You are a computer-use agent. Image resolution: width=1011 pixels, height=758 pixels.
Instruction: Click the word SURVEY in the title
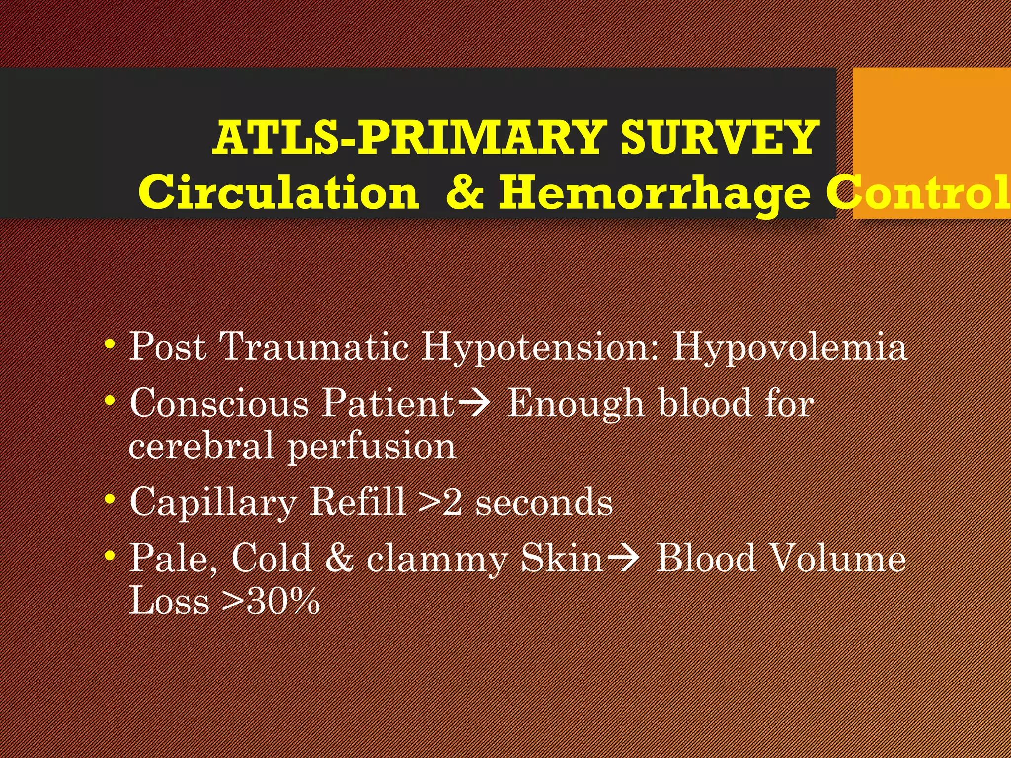point(718,138)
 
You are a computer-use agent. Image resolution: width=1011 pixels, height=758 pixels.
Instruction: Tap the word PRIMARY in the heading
point(481,138)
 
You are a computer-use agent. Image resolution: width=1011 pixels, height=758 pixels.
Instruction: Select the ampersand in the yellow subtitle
point(465,192)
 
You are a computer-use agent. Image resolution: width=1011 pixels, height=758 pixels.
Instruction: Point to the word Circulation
point(278,192)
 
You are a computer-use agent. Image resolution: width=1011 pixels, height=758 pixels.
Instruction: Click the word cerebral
point(201,446)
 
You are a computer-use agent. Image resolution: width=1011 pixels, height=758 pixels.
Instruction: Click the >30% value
point(271,601)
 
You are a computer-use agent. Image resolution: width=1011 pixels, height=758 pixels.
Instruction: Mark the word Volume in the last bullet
point(835,558)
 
